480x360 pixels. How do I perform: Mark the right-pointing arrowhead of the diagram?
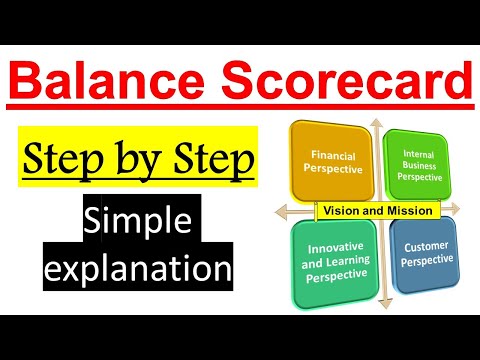click(x=467, y=211)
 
